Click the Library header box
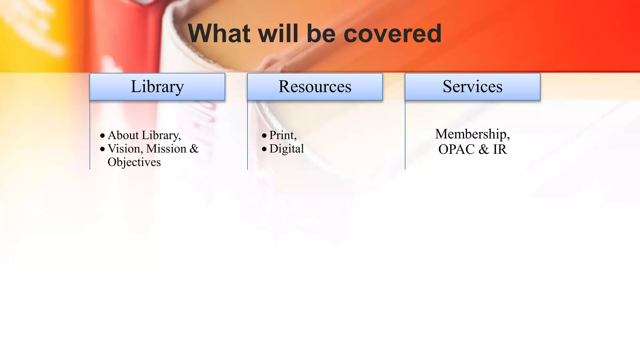[157, 87]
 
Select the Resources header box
[315, 87]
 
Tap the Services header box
[472, 87]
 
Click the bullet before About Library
[102, 136]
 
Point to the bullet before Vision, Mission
[102, 149]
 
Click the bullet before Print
[264, 136]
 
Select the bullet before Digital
[264, 149]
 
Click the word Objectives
[134, 162]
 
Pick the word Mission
[166, 149]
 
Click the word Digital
[287, 149]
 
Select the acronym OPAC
[456, 150]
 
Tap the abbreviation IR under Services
[500, 150]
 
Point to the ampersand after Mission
[194, 149]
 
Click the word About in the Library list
[123, 135]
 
